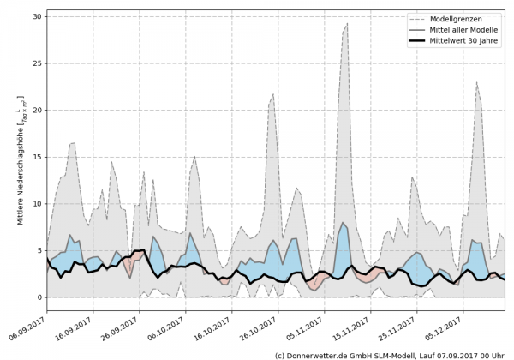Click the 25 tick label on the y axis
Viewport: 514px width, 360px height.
[37, 63]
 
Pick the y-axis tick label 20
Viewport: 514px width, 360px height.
[37, 111]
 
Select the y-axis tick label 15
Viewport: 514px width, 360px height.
[37, 157]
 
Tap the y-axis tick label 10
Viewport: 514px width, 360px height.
[37, 204]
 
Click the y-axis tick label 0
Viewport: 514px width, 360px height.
[39, 297]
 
